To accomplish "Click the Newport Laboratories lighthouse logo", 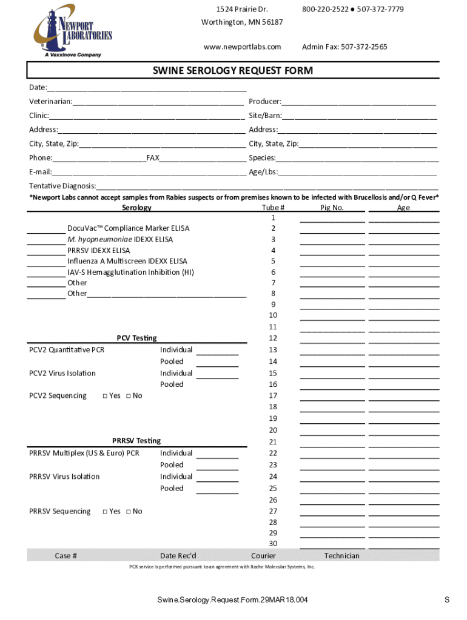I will (72, 30).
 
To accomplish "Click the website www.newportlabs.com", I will (242, 47).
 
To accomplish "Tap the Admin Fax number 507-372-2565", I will (344, 47).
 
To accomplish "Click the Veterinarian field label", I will (51, 101).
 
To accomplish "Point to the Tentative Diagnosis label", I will (62, 186).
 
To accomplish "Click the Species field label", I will (262, 158).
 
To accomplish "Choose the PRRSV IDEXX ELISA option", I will (98, 250).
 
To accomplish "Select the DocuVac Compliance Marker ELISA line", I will (128, 228).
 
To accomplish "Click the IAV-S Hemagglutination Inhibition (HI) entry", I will (130, 272).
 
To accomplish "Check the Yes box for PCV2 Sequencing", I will (105, 396).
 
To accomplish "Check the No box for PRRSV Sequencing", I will (128, 512).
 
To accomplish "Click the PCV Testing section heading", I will (136, 338).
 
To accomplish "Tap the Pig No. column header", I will (332, 208).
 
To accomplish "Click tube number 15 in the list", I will (273, 373).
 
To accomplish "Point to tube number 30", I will (273, 544).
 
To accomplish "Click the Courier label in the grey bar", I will (263, 556).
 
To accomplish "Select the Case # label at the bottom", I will (66, 556).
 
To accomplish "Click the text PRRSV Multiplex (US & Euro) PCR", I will (84, 453).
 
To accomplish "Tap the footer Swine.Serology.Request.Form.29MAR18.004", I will (232, 600).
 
